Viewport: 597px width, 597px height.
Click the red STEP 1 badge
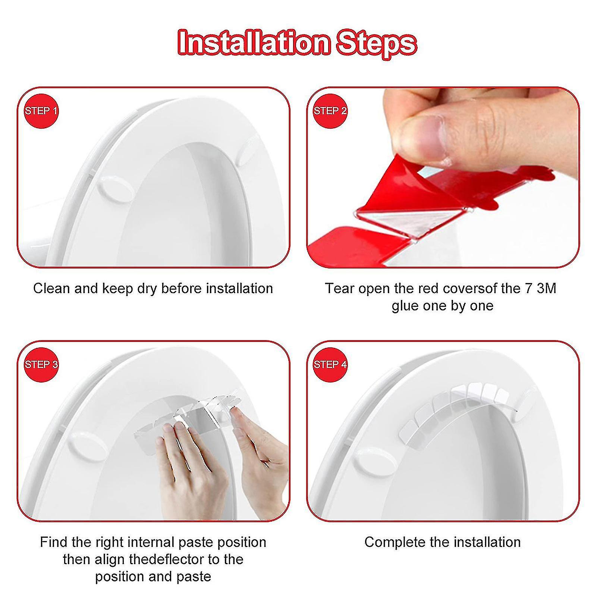click(x=41, y=111)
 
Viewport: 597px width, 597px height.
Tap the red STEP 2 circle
click(x=330, y=111)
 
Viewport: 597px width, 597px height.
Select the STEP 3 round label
click(x=41, y=364)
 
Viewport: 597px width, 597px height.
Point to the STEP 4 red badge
click(x=330, y=364)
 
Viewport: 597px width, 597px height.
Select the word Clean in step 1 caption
click(x=52, y=288)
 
